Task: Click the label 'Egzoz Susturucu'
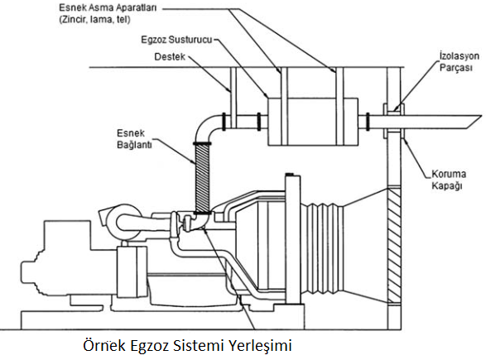tap(176, 40)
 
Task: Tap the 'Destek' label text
tap(170, 57)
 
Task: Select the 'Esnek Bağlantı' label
tap(134, 139)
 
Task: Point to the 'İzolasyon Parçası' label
tap(460, 61)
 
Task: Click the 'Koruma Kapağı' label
tap(449, 180)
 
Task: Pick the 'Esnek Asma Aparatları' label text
tap(108, 7)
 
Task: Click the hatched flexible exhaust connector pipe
tap(202, 179)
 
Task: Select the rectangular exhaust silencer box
tap(313, 122)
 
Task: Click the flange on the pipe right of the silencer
tap(368, 122)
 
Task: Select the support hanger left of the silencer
tap(233, 98)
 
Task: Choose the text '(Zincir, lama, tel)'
tap(94, 20)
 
